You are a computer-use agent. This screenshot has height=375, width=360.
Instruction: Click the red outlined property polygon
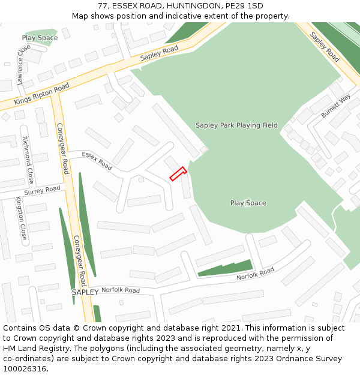[178, 173]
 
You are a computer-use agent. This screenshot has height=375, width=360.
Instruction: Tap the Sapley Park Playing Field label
[236, 125]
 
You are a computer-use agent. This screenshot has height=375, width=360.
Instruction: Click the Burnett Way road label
[335, 106]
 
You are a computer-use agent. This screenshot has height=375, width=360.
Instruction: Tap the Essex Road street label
[97, 160]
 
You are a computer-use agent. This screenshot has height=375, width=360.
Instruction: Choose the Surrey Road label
[43, 190]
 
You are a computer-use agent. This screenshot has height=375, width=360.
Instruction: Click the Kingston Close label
[22, 218]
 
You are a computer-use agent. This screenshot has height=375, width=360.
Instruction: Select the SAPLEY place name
[85, 292]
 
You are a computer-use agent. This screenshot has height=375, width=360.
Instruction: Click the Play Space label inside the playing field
[248, 203]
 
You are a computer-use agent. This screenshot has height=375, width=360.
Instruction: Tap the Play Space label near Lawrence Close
[40, 38]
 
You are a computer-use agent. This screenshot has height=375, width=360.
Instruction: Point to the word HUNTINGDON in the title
[197, 6]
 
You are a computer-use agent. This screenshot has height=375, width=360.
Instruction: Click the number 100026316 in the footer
[25, 369]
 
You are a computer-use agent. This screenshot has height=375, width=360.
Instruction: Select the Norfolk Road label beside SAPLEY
[120, 290]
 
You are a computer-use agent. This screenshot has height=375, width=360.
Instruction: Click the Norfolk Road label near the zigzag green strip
[255, 274]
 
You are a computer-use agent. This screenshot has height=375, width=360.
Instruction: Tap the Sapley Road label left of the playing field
[160, 53]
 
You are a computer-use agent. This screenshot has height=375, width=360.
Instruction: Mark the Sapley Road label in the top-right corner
[325, 47]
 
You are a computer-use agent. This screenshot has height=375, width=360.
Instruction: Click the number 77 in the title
[102, 6]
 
